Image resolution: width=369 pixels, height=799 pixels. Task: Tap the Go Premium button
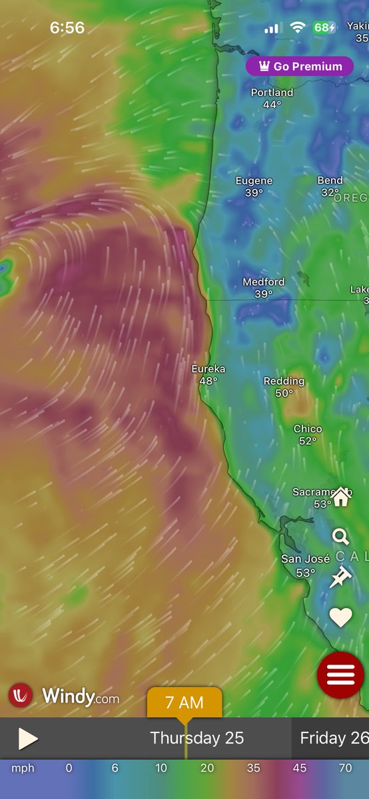(x=299, y=67)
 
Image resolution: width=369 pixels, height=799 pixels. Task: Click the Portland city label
(x=272, y=93)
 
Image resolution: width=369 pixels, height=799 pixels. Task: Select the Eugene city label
(x=254, y=181)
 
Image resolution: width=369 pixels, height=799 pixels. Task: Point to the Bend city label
(x=330, y=180)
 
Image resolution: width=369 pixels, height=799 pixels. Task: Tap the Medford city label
(x=263, y=282)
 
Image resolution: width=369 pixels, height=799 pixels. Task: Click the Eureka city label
(x=208, y=369)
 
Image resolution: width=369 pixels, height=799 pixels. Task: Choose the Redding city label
(x=284, y=382)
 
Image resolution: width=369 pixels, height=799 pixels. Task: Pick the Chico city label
(x=308, y=429)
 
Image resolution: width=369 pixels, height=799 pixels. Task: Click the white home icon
(x=341, y=496)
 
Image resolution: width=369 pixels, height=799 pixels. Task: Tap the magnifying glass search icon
(x=340, y=537)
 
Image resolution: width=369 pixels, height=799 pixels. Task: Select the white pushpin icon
(x=340, y=577)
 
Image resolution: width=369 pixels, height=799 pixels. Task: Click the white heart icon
(x=340, y=618)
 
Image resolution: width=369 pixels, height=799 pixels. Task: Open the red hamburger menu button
(x=340, y=674)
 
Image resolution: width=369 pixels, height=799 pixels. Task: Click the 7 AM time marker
(x=184, y=702)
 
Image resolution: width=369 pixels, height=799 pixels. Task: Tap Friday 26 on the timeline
(x=334, y=738)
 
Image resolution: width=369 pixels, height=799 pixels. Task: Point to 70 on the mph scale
(x=345, y=768)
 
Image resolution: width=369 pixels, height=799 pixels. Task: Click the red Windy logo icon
(x=21, y=695)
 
